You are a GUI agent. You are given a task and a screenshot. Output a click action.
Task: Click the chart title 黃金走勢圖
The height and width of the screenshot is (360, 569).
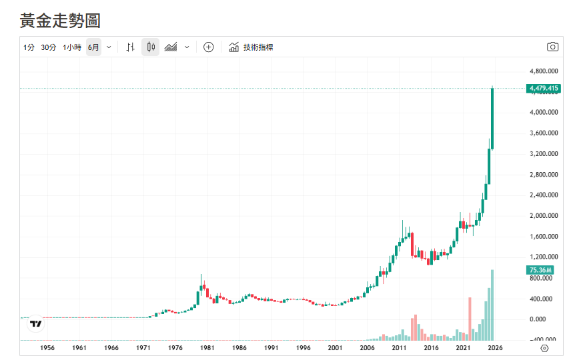60,21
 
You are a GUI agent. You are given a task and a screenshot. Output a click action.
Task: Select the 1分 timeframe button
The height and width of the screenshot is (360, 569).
29,47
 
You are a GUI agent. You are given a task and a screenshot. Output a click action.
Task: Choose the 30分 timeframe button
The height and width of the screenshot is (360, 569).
49,47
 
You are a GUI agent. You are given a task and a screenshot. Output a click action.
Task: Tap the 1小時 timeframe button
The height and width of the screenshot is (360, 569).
72,47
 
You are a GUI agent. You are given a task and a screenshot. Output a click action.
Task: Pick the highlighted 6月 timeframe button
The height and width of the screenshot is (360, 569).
93,47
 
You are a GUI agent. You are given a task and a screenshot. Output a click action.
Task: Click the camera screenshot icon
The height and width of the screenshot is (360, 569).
552,47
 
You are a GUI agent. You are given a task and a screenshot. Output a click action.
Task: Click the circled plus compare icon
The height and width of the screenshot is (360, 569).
208,47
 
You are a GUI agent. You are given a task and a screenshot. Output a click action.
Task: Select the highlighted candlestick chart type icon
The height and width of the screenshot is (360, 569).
151,47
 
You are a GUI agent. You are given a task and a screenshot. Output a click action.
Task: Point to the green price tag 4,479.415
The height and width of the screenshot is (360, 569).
543,88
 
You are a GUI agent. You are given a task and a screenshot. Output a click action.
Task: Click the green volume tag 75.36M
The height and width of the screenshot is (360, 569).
541,270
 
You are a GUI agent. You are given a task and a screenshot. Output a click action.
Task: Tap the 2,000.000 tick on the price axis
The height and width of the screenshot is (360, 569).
543,216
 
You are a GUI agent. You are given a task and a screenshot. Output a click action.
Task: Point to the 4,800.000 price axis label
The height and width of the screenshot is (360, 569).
543,71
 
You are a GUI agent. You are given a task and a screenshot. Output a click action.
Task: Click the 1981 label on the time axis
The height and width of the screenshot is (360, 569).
207,348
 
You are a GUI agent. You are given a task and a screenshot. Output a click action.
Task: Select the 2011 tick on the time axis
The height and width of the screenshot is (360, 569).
399,348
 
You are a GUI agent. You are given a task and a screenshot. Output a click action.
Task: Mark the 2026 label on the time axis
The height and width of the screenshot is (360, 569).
494,348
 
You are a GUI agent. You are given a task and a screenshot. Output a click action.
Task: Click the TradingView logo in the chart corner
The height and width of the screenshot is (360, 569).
36,324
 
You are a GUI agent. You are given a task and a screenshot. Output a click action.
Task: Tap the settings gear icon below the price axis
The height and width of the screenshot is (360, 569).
544,348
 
